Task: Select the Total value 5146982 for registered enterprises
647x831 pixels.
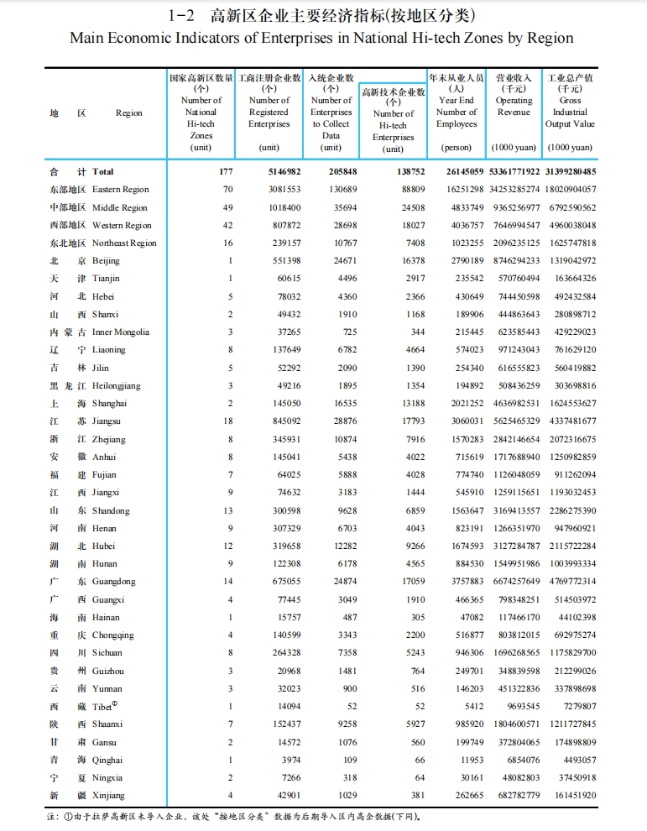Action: click(281, 172)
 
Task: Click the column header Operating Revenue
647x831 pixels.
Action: click(514, 106)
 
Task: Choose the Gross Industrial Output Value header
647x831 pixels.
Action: click(570, 112)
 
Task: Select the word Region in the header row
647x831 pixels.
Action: click(128, 113)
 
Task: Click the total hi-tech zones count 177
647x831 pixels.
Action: click(225, 172)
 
